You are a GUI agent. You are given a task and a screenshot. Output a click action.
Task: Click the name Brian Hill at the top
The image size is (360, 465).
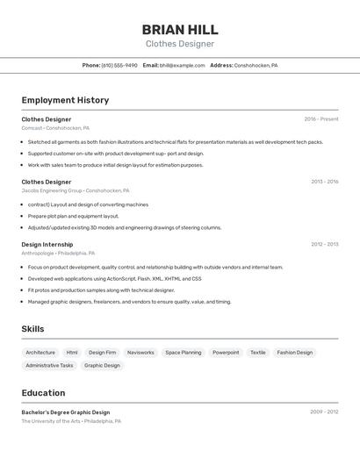coord(180,29)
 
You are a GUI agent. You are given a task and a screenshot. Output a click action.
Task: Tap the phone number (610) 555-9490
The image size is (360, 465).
coord(119,65)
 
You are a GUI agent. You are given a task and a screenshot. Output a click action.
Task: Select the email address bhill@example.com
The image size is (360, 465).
coord(182,65)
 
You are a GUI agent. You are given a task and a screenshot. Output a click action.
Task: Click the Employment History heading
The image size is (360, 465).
coord(65,100)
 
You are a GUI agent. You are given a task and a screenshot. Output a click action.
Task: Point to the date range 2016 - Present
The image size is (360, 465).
coord(321,119)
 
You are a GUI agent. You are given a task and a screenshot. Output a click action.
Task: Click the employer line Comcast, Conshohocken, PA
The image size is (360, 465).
coord(55,128)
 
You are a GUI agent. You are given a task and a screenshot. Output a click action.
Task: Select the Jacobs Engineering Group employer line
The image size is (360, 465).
coord(76,190)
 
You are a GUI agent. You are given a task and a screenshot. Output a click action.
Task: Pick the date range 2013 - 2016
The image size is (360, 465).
coord(324,182)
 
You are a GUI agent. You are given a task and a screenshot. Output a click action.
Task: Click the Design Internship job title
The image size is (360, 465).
coord(47,245)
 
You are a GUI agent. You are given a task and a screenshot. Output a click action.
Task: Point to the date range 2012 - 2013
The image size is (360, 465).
coord(324,245)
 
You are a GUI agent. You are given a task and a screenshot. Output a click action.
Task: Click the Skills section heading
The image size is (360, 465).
coord(33,329)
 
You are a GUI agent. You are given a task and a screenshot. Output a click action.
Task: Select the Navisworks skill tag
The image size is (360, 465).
coord(140,353)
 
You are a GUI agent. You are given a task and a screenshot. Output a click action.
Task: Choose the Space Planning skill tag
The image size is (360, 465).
coord(184,353)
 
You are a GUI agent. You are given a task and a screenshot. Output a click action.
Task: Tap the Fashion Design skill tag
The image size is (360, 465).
coord(294,353)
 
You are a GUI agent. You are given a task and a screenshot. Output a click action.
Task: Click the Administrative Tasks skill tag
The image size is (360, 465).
coord(49,365)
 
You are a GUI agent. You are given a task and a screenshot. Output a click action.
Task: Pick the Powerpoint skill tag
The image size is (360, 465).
coord(226,353)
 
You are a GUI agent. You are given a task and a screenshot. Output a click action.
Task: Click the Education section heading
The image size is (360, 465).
coord(43,393)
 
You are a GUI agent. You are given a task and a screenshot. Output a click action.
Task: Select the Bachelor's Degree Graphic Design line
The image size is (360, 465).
coord(66,412)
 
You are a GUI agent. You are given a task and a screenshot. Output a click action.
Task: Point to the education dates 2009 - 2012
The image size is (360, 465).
coord(324,411)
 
